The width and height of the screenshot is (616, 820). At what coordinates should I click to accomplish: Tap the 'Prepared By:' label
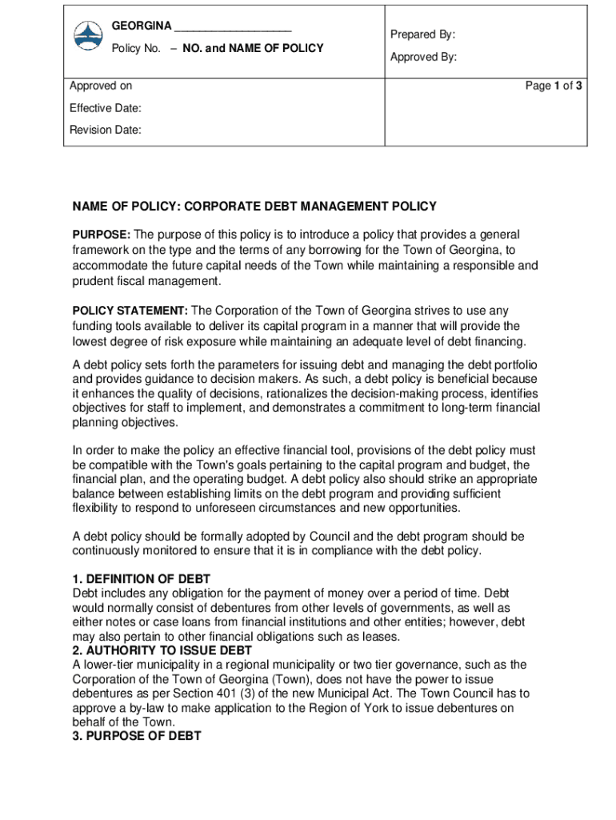422,34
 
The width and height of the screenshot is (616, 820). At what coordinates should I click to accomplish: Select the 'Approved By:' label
423,57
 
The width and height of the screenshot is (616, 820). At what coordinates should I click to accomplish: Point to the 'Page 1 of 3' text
553,86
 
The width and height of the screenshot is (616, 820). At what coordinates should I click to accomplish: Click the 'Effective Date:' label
105,108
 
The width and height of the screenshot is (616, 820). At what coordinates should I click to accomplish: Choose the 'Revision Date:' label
105,130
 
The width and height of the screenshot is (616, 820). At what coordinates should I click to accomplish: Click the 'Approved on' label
101,86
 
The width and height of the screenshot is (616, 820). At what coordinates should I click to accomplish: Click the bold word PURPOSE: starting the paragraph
102,235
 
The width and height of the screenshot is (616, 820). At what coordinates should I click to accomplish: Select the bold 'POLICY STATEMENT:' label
130,311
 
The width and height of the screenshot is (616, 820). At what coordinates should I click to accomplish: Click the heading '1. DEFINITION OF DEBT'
142,579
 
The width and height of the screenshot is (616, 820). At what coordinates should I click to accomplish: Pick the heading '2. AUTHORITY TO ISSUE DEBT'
162,650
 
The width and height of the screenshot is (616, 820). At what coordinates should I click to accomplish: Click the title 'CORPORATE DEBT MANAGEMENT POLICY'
310,207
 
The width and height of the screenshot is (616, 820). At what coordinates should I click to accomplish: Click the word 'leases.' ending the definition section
379,637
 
